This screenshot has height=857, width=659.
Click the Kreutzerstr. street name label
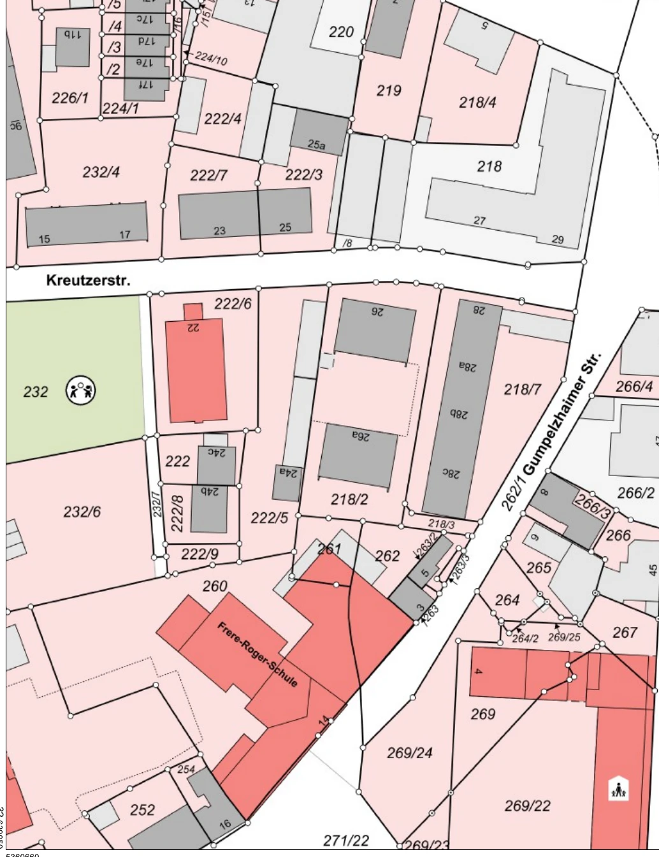tap(88, 280)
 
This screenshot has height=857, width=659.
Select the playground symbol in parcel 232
tap(81, 390)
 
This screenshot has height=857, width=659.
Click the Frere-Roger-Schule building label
tap(257, 654)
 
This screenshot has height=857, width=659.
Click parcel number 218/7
tap(523, 389)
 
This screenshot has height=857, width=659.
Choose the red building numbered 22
tap(196, 370)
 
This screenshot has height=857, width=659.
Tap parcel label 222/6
tap(233, 303)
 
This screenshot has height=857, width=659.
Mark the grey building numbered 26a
tap(358, 454)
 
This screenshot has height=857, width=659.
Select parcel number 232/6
tap(82, 511)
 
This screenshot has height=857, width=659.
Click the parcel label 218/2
tap(349, 499)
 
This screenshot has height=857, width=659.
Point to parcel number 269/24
tap(409, 753)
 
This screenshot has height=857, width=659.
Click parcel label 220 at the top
tap(341, 31)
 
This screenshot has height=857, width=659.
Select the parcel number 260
tap(215, 586)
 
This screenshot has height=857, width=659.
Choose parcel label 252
tap(142, 809)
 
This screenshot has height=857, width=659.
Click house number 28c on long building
tap(451, 473)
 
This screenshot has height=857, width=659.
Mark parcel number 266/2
tap(635, 493)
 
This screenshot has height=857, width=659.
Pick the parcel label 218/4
tap(477, 102)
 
